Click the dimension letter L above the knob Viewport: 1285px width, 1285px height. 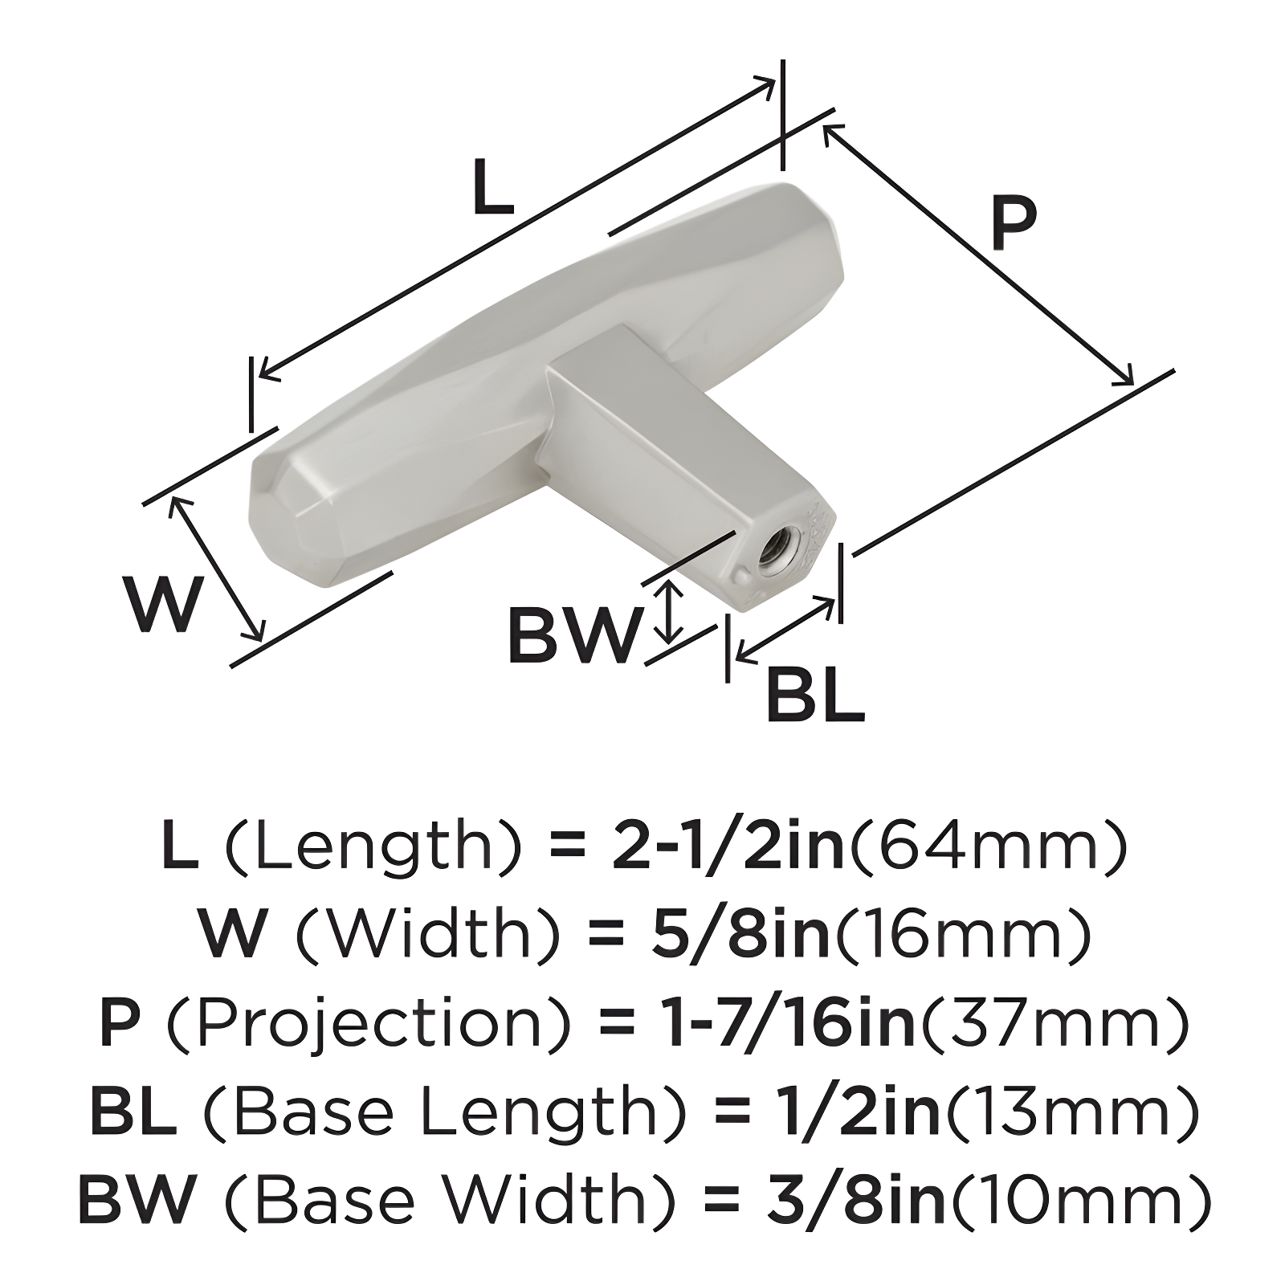click(492, 187)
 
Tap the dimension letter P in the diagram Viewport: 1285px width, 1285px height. click(1014, 224)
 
